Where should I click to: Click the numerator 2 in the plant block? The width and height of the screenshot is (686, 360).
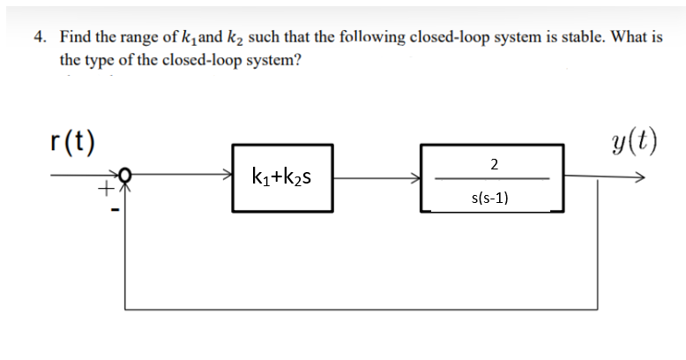tap(493, 163)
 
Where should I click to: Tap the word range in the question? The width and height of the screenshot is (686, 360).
tap(145, 38)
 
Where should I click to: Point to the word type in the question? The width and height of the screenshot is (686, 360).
tap(100, 61)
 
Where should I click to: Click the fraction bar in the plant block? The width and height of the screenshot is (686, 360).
tap(493, 180)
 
